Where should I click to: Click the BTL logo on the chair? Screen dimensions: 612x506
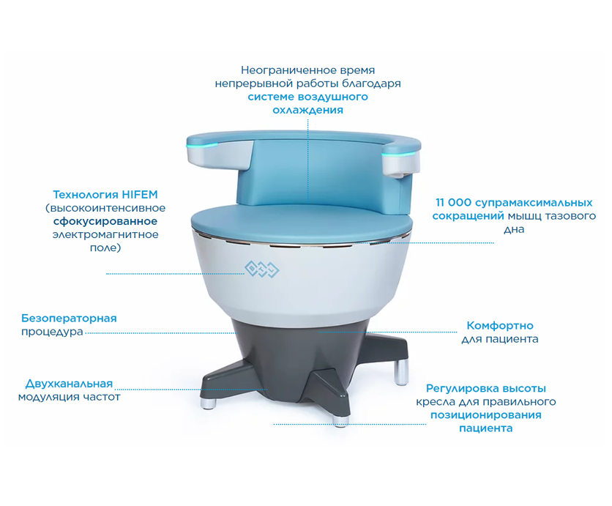(262, 269)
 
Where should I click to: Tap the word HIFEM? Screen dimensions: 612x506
(139, 195)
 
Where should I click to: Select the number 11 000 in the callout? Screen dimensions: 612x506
(453, 203)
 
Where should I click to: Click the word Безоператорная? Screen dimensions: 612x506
(69, 319)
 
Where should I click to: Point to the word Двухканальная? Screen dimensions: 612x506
(69, 384)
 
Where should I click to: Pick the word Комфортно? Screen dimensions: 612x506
(500, 326)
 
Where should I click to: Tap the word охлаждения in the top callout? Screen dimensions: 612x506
(308, 110)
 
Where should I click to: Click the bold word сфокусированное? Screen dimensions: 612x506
(105, 221)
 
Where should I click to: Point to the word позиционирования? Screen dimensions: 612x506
(486, 415)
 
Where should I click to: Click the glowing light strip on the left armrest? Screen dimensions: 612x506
(202, 145)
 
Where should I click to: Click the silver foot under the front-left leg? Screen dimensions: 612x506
(209, 403)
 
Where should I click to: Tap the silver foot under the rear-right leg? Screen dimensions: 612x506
(401, 373)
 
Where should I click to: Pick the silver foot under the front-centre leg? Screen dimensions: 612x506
(340, 420)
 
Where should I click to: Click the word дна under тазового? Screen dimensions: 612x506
(514, 230)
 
